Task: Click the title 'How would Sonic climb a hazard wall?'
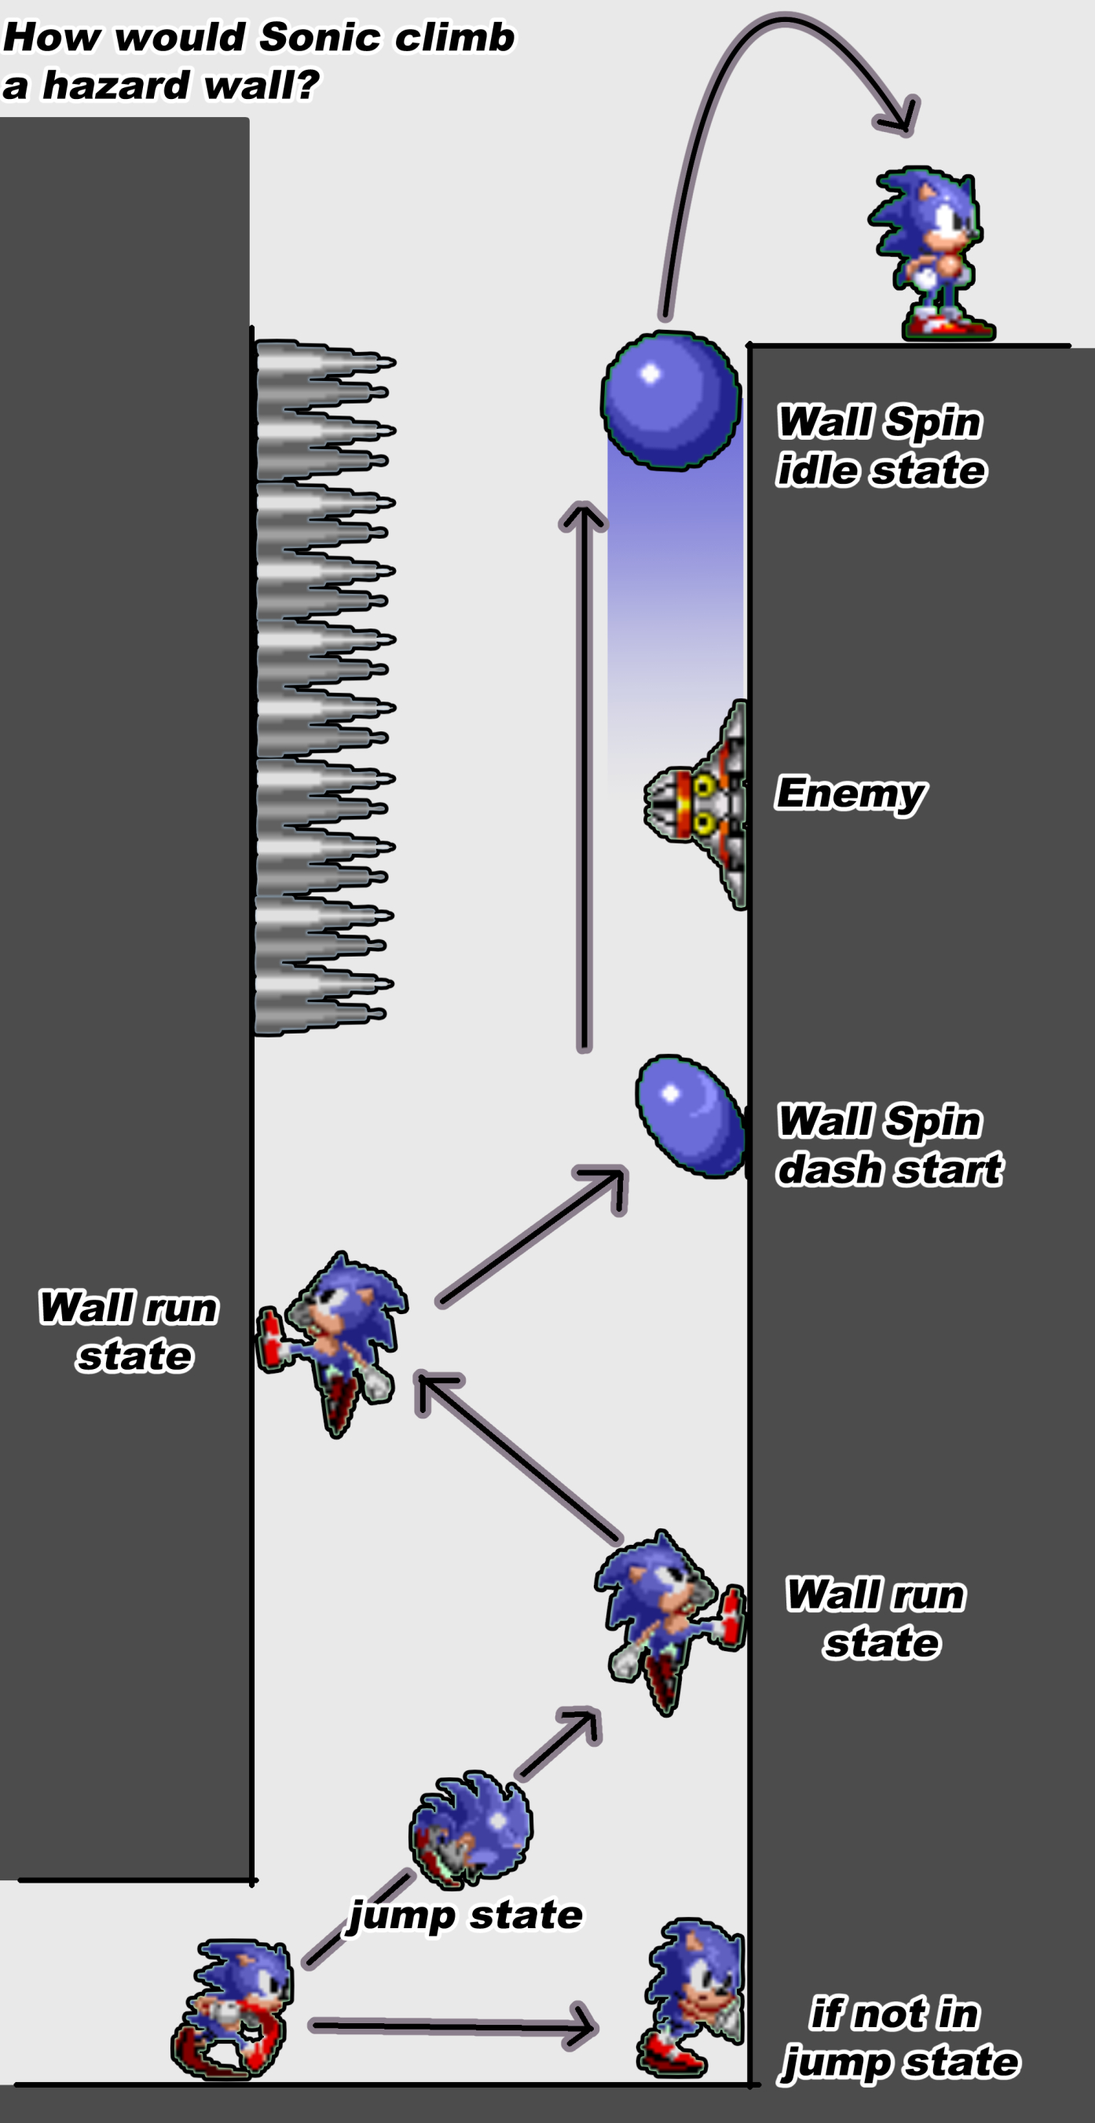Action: click(x=258, y=60)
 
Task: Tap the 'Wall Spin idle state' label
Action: click(x=881, y=446)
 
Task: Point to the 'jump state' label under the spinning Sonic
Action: click(x=466, y=1915)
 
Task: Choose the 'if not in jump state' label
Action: click(x=900, y=2037)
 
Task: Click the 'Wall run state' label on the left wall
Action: click(x=130, y=1331)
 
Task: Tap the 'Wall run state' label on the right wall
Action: click(x=876, y=1618)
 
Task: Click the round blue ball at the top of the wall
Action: click(x=671, y=401)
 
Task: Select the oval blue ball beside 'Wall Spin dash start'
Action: click(x=690, y=1116)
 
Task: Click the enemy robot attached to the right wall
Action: click(x=696, y=804)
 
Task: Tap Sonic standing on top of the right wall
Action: click(x=931, y=253)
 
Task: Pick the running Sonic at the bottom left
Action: click(x=232, y=2008)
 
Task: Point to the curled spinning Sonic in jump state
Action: click(x=471, y=1828)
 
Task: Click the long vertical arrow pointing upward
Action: click(x=584, y=776)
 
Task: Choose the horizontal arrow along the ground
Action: click(x=453, y=2025)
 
